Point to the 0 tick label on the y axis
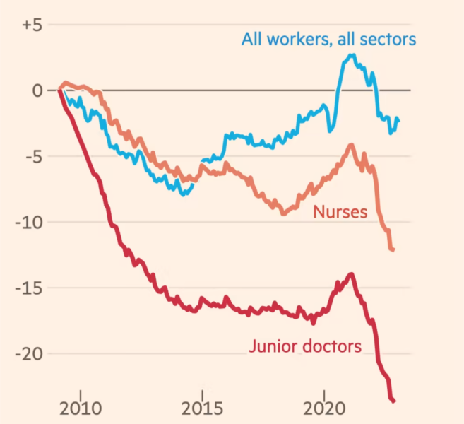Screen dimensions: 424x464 (x=37, y=90)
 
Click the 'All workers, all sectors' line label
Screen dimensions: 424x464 (x=328, y=38)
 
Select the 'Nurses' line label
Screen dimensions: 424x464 (x=340, y=211)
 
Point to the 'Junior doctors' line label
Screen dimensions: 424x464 (x=304, y=346)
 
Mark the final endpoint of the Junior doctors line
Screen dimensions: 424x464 (x=393, y=401)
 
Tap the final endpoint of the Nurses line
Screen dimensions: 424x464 (x=393, y=249)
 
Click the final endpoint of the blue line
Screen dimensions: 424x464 (x=398, y=119)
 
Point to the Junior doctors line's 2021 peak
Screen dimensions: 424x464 (x=351, y=274)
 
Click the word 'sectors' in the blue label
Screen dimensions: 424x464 (x=389, y=38)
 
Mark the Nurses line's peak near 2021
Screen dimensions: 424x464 (x=351, y=145)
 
